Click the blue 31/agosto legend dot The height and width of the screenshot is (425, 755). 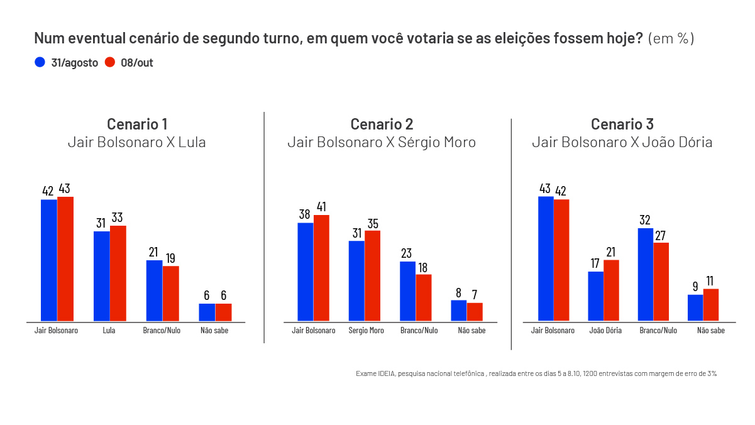[40, 62]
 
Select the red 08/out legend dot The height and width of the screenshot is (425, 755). [109, 62]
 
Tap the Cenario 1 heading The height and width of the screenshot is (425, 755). [136, 124]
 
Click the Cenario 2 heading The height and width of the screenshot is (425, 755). [382, 124]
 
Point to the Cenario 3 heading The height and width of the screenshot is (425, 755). [622, 124]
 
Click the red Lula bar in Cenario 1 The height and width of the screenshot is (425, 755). [118, 273]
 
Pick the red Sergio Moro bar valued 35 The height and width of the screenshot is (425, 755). [372, 276]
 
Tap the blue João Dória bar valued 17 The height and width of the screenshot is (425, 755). [595, 296]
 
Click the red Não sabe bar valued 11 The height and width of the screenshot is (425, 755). [710, 305]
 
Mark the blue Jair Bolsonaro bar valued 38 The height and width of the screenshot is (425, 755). [306, 272]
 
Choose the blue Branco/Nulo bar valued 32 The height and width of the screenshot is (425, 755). [646, 275]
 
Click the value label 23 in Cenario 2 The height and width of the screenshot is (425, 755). [407, 253]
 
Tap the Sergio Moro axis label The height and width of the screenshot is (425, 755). [366, 331]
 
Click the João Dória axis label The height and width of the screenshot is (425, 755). [605, 331]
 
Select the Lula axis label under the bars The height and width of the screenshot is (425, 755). [110, 331]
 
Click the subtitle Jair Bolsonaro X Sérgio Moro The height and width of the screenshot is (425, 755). [382, 143]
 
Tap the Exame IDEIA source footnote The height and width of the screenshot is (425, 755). [536, 373]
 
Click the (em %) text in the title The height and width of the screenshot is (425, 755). [671, 39]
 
